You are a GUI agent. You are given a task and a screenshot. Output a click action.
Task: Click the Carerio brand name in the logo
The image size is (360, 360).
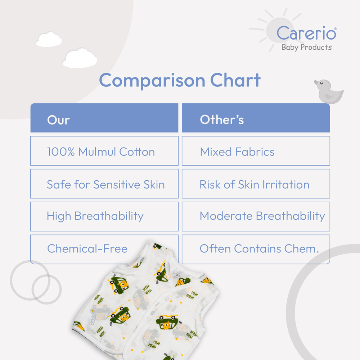(x=306, y=33)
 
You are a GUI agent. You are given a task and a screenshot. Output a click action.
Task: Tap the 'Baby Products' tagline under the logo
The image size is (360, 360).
(x=306, y=47)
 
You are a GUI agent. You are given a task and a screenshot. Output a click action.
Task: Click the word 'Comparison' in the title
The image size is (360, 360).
(x=152, y=81)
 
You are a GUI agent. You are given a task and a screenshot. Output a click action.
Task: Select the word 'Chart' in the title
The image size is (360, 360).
(x=235, y=80)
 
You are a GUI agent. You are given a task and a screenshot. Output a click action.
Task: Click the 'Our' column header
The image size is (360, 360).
(x=104, y=118)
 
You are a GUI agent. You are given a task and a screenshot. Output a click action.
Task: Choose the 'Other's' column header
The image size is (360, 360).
(x=256, y=118)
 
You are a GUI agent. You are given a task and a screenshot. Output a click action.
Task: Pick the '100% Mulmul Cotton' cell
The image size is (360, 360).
(x=104, y=151)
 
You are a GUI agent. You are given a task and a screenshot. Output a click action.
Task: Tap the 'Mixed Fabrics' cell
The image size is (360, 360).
(x=256, y=151)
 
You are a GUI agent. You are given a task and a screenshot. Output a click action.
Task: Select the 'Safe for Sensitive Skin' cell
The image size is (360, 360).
(x=104, y=184)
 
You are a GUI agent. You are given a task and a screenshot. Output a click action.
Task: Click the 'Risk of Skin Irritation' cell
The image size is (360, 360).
(x=256, y=184)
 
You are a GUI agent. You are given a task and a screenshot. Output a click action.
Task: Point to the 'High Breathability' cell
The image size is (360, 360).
(x=104, y=216)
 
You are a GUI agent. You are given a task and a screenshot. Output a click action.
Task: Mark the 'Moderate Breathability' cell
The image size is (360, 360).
(x=256, y=216)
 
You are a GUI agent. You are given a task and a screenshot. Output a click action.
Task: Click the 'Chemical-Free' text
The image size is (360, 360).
(x=87, y=249)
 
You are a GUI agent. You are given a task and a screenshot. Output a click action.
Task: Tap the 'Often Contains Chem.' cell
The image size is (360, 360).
(x=256, y=249)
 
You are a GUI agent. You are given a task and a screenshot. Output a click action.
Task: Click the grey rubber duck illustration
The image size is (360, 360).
(x=329, y=91)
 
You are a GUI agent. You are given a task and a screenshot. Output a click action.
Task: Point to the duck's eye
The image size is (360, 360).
(x=321, y=83)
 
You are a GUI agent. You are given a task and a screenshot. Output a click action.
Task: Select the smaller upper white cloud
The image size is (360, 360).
(x=49, y=40)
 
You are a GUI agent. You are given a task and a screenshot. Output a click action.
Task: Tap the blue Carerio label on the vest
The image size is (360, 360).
(x=92, y=320)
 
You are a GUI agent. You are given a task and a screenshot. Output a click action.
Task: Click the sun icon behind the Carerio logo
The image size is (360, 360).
(x=275, y=30)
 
